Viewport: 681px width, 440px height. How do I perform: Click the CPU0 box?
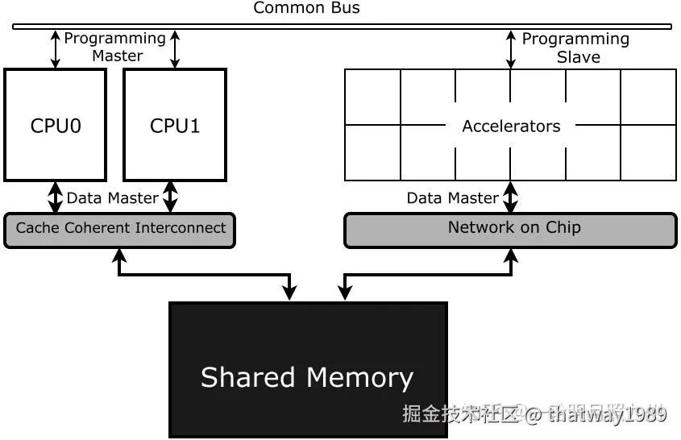tap(56, 125)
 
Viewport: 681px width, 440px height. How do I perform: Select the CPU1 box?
tap(175, 125)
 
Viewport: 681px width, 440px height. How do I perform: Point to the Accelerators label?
tap(511, 127)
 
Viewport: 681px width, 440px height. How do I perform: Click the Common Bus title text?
tap(307, 9)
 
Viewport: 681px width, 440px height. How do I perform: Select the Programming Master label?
tap(115, 47)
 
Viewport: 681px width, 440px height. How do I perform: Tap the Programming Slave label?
tap(575, 48)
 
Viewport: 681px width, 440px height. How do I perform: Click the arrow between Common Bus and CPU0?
tap(56, 48)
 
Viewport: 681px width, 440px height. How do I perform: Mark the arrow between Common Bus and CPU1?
tap(175, 48)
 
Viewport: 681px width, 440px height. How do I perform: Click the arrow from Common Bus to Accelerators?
tap(510, 49)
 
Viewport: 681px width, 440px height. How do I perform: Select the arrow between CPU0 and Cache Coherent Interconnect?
tap(56, 197)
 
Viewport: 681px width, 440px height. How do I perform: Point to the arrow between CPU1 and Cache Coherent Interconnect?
tap(170, 197)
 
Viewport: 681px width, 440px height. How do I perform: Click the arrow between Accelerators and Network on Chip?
tap(510, 197)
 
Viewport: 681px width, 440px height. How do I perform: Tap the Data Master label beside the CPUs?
tap(112, 198)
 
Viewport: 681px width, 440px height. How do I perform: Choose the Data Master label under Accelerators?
tap(452, 198)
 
